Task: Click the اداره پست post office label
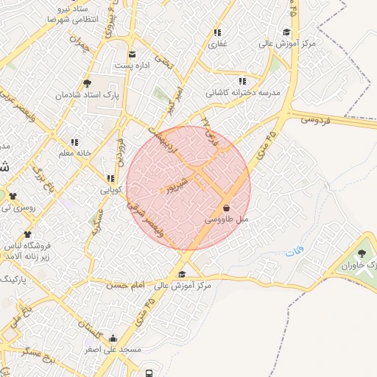click(x=133, y=65)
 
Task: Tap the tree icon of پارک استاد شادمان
click(x=88, y=83)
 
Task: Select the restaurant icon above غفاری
click(x=217, y=33)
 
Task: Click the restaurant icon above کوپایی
click(x=110, y=178)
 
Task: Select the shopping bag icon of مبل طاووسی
click(x=225, y=208)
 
